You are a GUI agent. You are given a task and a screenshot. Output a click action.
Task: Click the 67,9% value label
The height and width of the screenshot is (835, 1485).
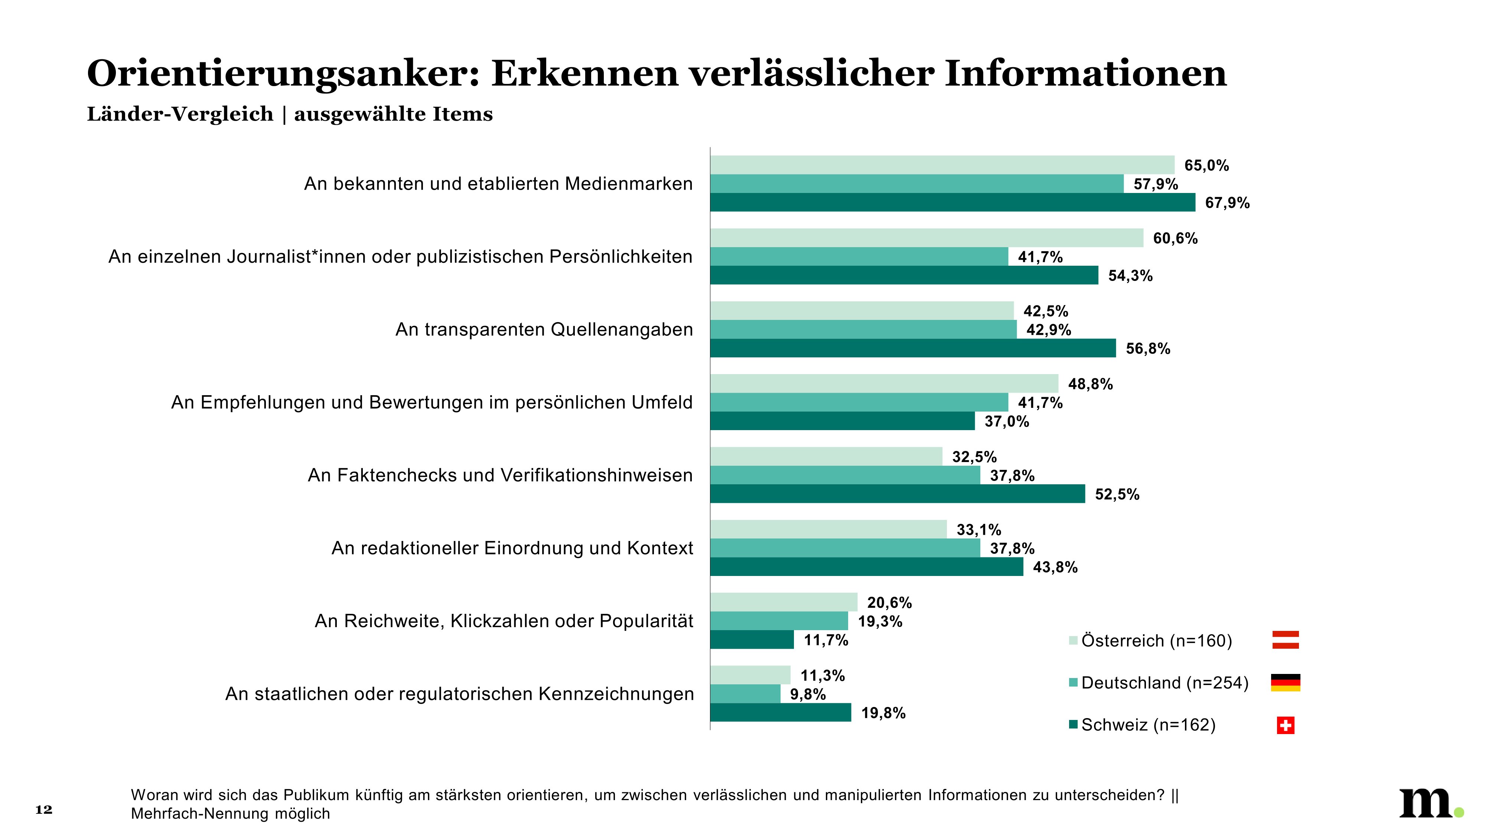click(1227, 203)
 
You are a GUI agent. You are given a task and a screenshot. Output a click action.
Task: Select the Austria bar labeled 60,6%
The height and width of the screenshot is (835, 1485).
click(927, 238)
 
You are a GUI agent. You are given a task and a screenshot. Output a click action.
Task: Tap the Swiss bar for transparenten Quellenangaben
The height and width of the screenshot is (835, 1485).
click(912, 348)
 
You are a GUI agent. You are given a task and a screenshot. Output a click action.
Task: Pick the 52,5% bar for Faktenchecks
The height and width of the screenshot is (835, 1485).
click(897, 494)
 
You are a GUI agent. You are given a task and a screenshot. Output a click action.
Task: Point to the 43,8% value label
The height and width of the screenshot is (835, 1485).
click(1055, 567)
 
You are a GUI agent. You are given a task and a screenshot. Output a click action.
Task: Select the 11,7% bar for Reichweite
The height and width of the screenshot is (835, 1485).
click(752, 640)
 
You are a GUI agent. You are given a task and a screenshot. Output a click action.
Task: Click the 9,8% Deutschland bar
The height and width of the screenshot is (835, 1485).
click(745, 694)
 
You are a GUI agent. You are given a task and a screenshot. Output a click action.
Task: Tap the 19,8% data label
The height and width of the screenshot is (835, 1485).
click(883, 713)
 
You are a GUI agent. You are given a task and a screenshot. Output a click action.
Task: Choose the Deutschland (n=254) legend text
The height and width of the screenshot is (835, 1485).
click(1165, 682)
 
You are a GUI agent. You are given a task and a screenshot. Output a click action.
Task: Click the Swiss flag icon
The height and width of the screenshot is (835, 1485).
click(1285, 725)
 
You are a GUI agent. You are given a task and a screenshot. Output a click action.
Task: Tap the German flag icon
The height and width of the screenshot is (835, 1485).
click(1285, 682)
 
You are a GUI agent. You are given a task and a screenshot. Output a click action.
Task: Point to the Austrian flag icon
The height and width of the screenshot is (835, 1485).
click(1285, 640)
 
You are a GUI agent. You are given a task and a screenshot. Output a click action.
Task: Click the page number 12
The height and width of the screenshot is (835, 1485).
click(44, 810)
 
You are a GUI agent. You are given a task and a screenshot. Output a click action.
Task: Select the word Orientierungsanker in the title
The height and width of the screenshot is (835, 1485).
click(283, 74)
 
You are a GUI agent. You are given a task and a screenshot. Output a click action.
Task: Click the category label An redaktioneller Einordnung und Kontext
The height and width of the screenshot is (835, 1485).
click(512, 548)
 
